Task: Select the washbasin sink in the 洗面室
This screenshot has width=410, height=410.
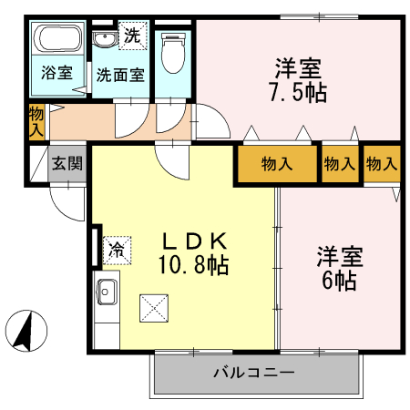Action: click(105, 39)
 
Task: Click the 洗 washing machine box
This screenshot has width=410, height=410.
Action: click(133, 36)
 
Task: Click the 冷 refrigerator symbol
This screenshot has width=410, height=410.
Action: click(118, 248)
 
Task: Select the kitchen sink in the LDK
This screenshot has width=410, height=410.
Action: click(106, 294)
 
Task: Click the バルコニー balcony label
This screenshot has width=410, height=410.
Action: click(254, 372)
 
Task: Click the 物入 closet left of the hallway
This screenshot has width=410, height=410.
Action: click(36, 121)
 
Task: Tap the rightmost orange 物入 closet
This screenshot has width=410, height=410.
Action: click(382, 164)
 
